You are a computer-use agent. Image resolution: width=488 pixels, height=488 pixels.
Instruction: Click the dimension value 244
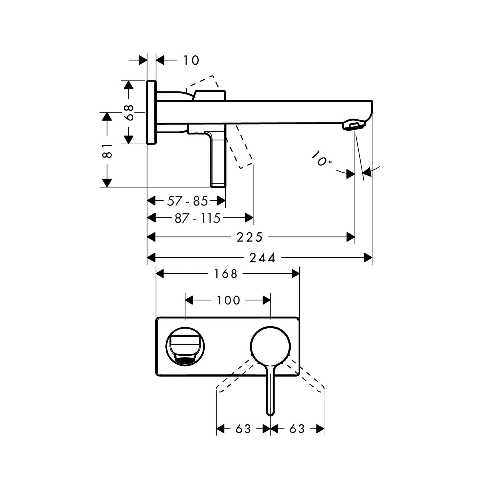point(262,258)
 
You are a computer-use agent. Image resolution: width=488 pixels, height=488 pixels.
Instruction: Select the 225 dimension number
point(249,237)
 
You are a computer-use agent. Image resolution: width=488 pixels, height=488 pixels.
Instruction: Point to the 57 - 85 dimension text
point(187,201)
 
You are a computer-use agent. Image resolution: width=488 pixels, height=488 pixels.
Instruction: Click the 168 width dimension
point(226,274)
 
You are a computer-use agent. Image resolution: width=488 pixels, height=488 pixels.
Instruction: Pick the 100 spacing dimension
point(228,300)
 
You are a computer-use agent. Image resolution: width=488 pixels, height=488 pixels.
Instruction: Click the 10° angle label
point(322,159)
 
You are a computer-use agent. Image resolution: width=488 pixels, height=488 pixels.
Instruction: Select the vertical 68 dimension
point(130,113)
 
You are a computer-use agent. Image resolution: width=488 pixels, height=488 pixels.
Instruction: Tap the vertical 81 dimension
point(107,151)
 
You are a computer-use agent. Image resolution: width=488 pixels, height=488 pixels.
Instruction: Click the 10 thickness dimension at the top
point(191,60)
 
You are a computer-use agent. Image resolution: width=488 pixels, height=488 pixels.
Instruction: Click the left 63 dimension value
point(243,429)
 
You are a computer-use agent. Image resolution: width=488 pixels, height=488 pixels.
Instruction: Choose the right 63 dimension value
point(297,429)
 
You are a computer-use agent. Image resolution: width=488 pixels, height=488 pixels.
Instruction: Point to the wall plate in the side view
point(152,112)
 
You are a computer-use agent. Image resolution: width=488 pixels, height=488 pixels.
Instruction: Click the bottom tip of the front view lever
point(270,413)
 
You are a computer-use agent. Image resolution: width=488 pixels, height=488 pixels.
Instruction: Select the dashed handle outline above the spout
point(206,83)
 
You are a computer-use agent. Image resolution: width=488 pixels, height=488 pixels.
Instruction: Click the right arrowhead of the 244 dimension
point(368,258)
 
